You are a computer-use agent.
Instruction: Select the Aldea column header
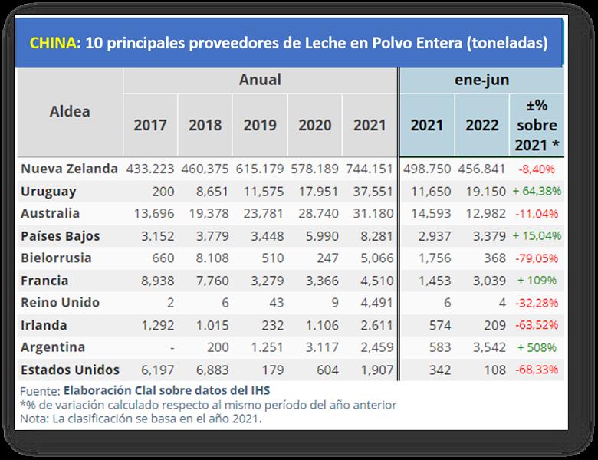coord(70,111)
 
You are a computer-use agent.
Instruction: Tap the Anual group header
coord(260,80)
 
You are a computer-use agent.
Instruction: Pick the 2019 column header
coord(260,125)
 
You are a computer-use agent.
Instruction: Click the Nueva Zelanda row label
coord(70,169)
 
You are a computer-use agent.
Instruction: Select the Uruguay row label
coord(49,191)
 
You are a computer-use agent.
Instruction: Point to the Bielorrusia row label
coord(56,258)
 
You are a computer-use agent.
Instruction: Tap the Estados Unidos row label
coord(70,370)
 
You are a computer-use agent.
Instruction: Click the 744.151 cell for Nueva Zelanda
coord(370,169)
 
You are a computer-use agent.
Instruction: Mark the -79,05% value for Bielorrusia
coord(537,258)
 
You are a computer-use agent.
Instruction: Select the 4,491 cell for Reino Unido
coord(370,303)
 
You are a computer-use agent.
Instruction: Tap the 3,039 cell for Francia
coord(482,281)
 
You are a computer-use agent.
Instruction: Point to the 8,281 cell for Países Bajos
coord(370,236)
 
